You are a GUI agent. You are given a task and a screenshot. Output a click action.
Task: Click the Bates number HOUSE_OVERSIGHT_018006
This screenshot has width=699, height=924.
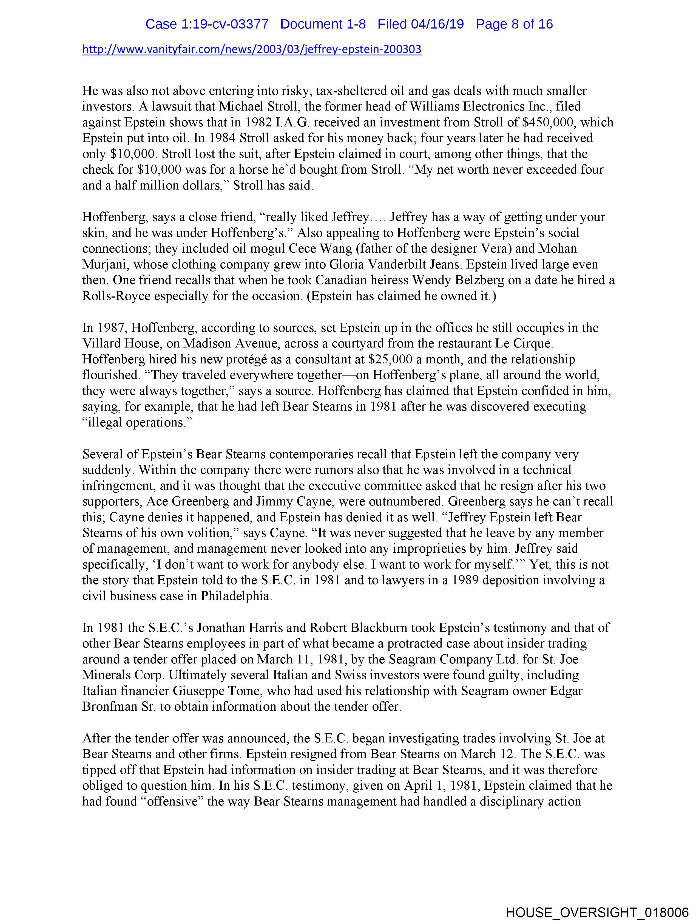(597, 912)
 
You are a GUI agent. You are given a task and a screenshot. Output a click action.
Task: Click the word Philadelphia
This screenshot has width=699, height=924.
(236, 596)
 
